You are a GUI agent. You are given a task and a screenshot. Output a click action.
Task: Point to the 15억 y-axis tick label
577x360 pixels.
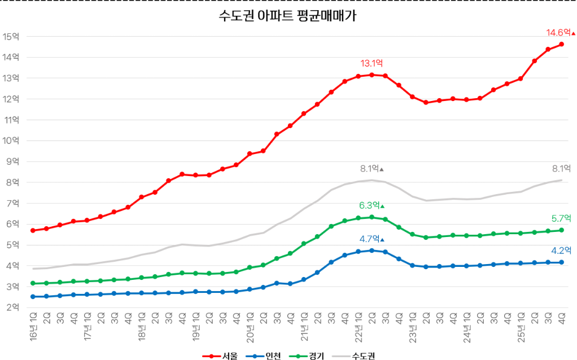11,37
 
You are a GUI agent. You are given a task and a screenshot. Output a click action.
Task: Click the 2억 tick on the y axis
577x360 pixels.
11,308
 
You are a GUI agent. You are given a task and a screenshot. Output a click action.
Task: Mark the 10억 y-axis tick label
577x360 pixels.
11,141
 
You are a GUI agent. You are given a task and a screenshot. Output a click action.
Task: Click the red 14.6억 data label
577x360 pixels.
558,33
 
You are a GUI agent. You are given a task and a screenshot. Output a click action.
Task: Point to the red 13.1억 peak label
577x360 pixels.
371,63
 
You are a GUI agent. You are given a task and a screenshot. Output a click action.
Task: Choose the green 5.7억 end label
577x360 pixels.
561,218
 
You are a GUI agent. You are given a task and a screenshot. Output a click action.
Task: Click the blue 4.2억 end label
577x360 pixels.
561,251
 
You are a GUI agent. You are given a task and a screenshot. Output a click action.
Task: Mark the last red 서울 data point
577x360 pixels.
561,44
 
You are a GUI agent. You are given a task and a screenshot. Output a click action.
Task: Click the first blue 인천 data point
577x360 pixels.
33,296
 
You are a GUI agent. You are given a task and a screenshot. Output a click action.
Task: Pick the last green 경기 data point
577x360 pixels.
561,230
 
